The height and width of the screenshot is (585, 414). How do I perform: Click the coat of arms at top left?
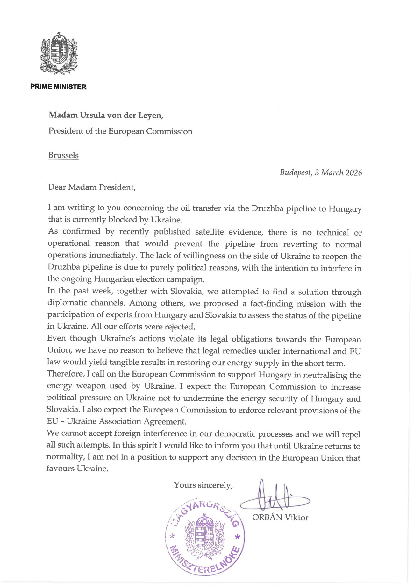tap(59, 53)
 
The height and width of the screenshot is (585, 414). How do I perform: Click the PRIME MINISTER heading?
tap(58, 87)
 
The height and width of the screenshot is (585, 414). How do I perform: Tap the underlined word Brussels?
tap(63, 155)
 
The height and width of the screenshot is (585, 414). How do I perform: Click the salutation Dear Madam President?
tap(92, 187)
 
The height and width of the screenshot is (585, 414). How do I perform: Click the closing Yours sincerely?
tap(203, 485)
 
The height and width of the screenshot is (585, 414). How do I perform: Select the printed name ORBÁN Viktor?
tap(280, 518)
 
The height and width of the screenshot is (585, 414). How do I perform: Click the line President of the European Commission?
tap(120, 131)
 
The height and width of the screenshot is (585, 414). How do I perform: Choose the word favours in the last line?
tap(61, 469)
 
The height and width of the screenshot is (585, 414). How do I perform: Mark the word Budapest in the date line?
tap(295, 173)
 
